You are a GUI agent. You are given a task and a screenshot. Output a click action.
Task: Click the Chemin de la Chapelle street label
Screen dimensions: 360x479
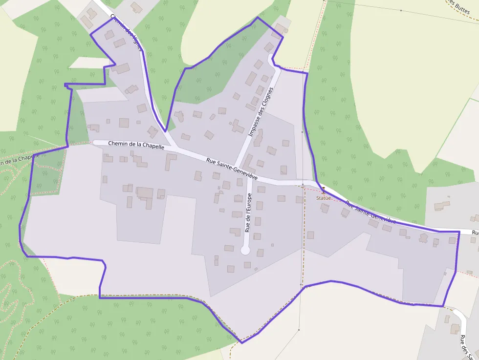[136, 145]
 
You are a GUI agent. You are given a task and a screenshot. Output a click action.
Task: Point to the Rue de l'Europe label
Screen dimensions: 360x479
[248, 212]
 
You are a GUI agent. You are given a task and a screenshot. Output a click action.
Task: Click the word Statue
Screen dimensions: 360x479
[323, 198]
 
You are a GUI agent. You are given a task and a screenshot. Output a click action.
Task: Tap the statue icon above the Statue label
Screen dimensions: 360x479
[323, 190]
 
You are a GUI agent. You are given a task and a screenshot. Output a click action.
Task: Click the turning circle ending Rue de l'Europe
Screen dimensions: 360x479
[245, 251]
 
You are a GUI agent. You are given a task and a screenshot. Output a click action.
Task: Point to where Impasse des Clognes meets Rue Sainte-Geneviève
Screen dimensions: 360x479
[236, 166]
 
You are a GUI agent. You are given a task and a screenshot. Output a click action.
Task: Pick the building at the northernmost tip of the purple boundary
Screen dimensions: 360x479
[280, 28]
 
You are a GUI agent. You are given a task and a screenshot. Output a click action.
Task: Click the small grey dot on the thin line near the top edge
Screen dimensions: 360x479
[401, 10]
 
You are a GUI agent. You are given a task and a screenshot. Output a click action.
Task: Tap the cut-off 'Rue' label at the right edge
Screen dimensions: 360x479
[475, 233]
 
